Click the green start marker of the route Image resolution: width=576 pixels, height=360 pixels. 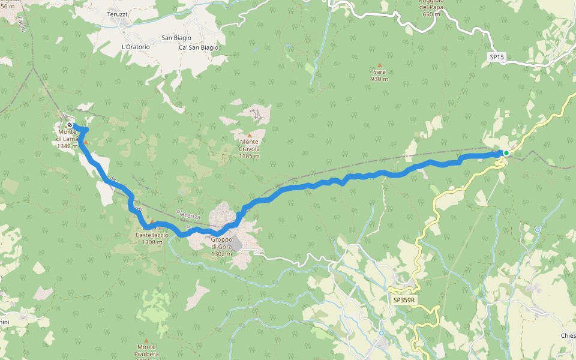506,153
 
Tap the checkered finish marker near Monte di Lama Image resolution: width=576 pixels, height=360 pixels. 70,125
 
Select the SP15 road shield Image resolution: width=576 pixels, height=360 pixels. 497,57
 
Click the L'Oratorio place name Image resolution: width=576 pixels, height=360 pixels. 135,47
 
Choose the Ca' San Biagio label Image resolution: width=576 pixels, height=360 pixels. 199,47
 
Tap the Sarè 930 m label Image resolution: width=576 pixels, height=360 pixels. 379,75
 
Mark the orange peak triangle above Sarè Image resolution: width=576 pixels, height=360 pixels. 379,65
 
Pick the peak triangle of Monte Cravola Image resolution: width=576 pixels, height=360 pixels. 250,136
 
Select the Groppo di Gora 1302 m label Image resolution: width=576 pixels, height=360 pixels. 221,247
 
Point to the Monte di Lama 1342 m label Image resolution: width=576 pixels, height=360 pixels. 68,139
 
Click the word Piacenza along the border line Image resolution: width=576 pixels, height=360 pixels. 189,214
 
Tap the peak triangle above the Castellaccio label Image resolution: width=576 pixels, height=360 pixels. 152,221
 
